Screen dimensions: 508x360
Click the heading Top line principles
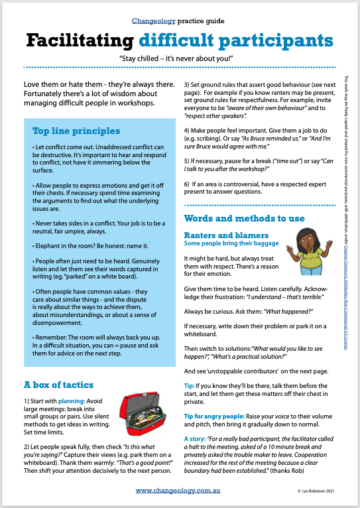(76, 131)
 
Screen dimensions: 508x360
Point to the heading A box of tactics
(58, 385)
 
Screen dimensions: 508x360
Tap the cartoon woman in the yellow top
(308, 251)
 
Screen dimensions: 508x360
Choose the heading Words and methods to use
(244, 218)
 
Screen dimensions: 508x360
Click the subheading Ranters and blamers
(226, 235)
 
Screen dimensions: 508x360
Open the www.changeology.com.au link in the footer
(178, 491)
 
